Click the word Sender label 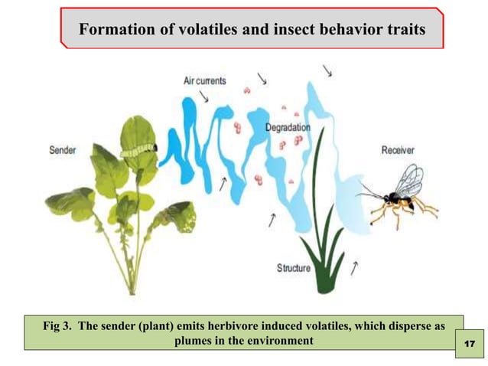tap(63, 151)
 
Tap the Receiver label tap(398, 150)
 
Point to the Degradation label tap(288, 128)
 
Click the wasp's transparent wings tap(408, 181)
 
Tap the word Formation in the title tap(115, 31)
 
